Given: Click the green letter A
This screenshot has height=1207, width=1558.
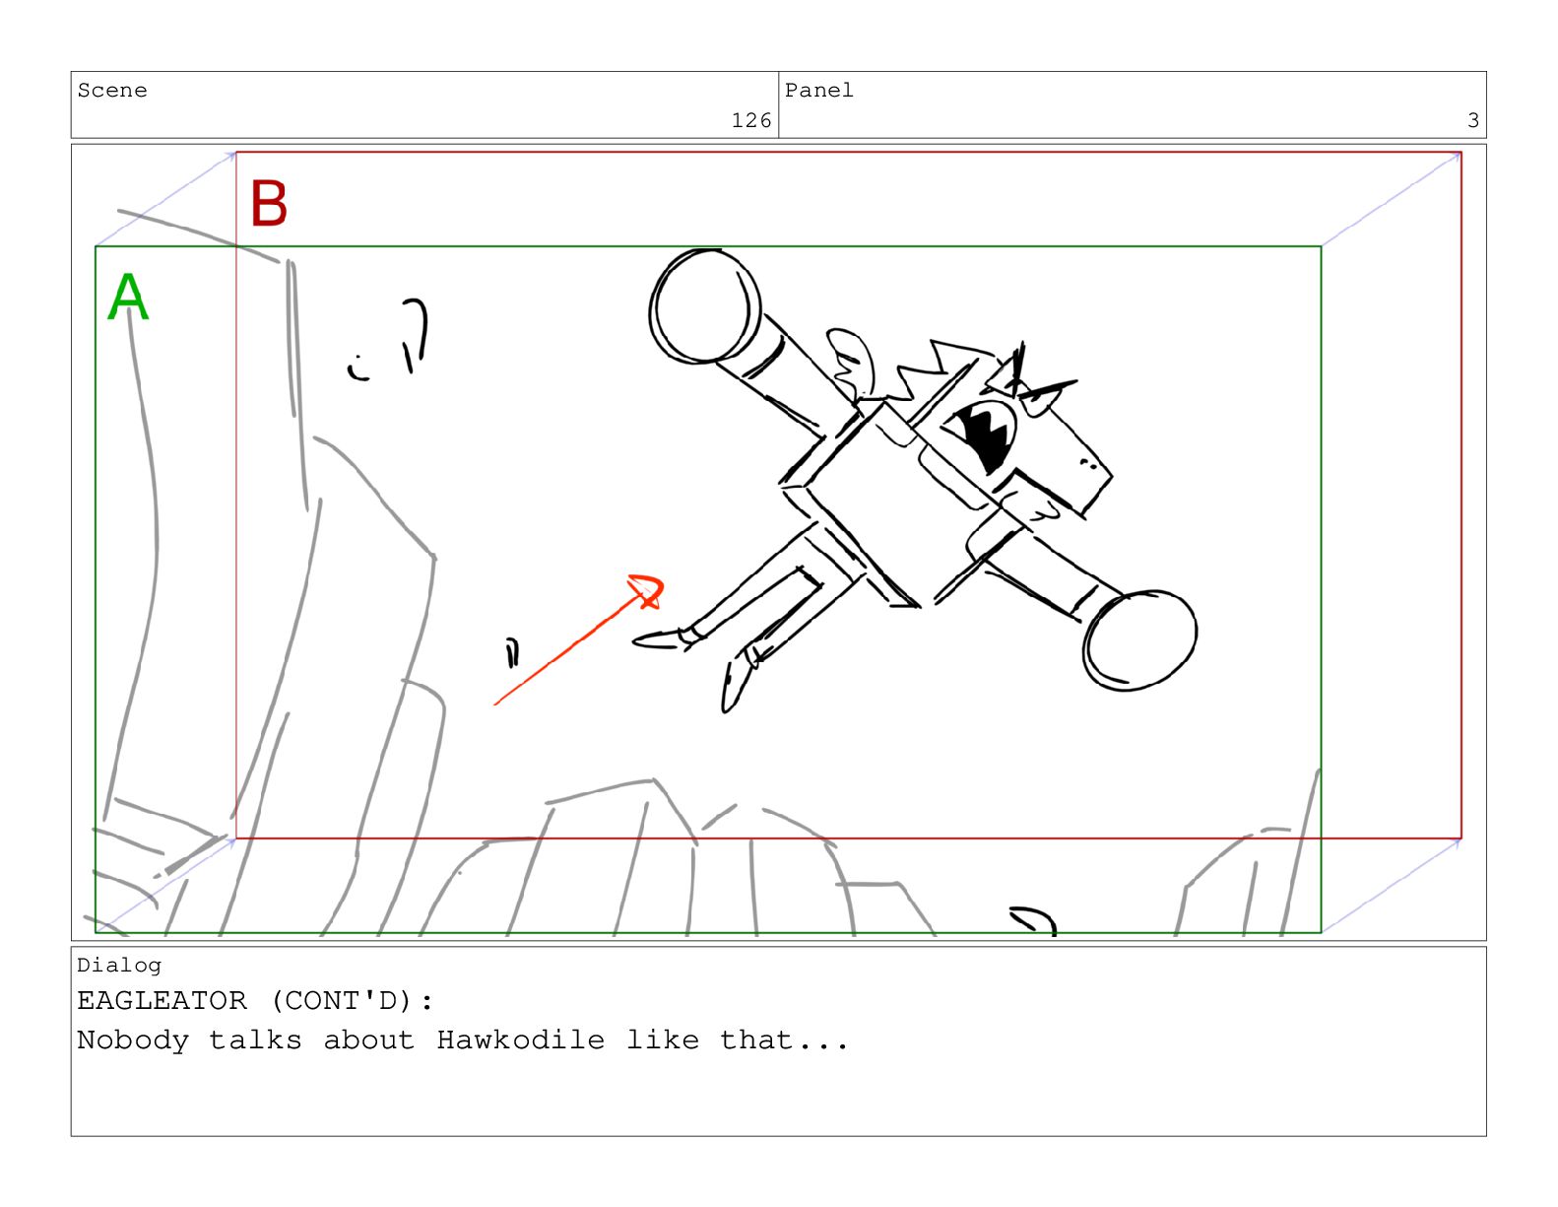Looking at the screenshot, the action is pyautogui.click(x=128, y=296).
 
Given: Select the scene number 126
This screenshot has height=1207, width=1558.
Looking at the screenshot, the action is pyautogui.click(x=750, y=120).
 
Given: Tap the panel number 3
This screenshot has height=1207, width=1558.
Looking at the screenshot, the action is pyautogui.click(x=1472, y=120).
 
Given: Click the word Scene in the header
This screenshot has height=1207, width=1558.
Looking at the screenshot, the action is pyautogui.click(x=112, y=91).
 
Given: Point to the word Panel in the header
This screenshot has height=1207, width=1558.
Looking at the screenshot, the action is pyautogui.click(x=818, y=91).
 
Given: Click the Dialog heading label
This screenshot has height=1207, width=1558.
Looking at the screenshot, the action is pyautogui.click(x=119, y=966).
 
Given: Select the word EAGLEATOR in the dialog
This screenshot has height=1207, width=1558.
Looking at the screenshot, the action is pyautogui.click(x=162, y=1000).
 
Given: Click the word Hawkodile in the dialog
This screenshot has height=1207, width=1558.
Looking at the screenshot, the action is pyautogui.click(x=521, y=1039).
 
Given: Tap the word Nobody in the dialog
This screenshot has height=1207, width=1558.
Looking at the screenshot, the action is pyautogui.click(x=133, y=1039).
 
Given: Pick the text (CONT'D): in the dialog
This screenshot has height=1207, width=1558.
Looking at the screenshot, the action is pyautogui.click(x=352, y=1000).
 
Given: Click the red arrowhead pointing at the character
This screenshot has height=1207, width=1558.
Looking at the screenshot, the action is pyautogui.click(x=647, y=591).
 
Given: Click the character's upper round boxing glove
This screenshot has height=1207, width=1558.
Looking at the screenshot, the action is pyautogui.click(x=704, y=305).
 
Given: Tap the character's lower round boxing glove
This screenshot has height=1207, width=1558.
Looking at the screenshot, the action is pyautogui.click(x=1139, y=640).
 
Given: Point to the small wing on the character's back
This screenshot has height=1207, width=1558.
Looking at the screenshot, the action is pyautogui.click(x=851, y=363).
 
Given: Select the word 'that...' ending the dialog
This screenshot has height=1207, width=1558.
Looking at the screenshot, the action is pyautogui.click(x=784, y=1039).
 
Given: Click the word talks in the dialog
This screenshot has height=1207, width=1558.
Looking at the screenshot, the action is pyautogui.click(x=255, y=1039).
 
